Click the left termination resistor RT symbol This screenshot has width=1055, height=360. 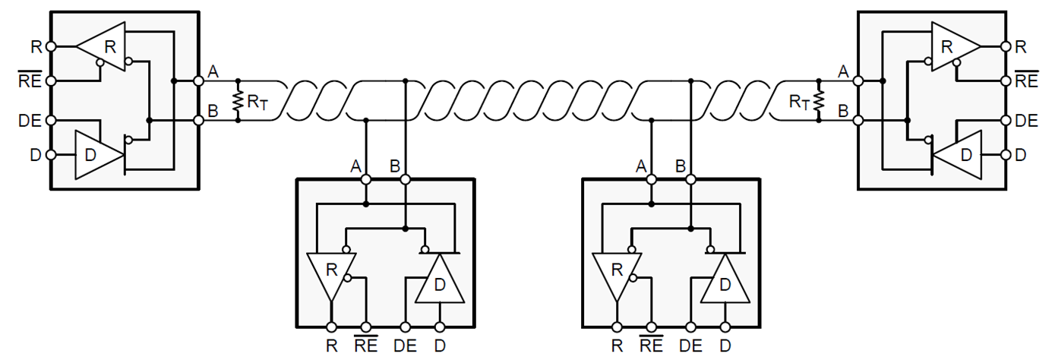238,100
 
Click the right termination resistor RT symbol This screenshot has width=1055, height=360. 819,100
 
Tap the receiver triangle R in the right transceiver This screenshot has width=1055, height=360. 952,46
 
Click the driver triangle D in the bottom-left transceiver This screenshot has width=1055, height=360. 440,282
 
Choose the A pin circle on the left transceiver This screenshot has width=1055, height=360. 198,81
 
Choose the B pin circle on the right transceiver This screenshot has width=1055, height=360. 858,120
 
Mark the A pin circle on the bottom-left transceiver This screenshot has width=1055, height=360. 366,179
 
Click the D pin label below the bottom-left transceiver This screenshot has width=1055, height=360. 440,346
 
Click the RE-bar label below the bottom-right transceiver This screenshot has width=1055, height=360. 652,346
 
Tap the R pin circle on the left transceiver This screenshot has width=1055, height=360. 51,46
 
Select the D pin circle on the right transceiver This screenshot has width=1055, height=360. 1005,155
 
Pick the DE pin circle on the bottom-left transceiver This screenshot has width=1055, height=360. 405,327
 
